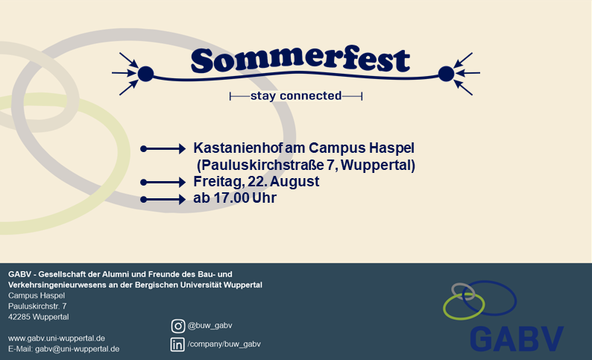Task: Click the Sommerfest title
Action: (300, 60)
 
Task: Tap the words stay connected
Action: (296, 96)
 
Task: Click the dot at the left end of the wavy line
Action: (145, 74)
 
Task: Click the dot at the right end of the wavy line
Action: (446, 74)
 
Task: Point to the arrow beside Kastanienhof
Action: (163, 149)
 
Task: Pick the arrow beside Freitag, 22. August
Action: (163, 183)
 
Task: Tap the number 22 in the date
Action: (255, 182)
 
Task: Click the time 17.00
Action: (231, 198)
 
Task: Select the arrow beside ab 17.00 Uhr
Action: (163, 199)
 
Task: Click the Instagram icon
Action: (178, 326)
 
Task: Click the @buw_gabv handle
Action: (210, 326)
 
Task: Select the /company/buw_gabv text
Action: (224, 344)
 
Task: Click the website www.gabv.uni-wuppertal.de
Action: (57, 338)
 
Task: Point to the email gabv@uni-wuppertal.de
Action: (78, 349)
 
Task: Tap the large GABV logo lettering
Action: (517, 339)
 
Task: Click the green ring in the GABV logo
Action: (444, 306)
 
